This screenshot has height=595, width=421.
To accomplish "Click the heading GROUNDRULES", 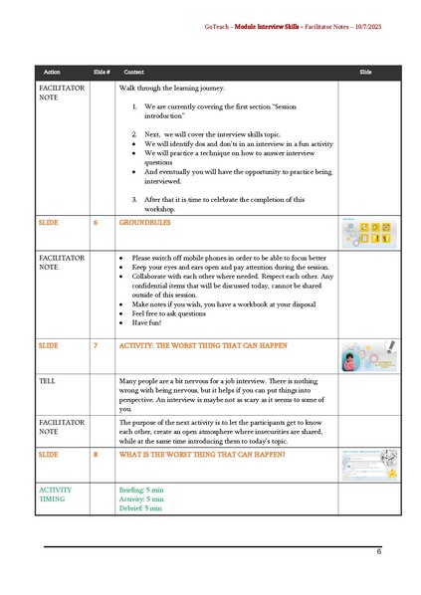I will (146, 224).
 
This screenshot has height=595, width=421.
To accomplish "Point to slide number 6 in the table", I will (96, 224).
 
